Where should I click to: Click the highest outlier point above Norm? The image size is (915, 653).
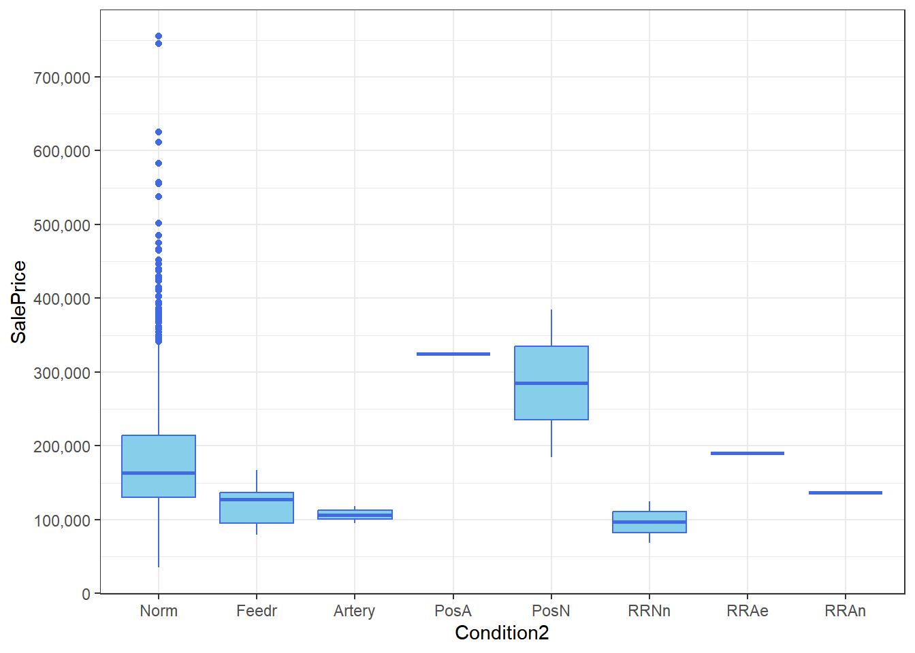[159, 36]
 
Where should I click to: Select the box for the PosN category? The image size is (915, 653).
[551, 401]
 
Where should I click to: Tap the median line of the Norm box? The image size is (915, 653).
[159, 473]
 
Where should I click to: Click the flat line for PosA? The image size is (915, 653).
[453, 354]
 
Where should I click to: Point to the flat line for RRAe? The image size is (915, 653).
[748, 453]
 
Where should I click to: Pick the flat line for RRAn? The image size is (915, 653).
[846, 492]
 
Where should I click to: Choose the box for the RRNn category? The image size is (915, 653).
[649, 527]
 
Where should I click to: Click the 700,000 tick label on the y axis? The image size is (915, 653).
[62, 78]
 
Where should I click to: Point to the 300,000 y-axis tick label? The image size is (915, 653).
[62, 373]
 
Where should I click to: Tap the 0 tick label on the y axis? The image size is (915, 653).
[86, 594]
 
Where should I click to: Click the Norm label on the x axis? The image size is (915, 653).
[159, 611]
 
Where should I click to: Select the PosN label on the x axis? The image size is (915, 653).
[551, 611]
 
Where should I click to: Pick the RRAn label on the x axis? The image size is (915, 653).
[846, 611]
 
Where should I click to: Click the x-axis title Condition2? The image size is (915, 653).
[502, 633]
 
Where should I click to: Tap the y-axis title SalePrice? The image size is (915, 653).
[19, 301]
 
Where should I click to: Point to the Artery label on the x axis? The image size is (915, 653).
[355, 611]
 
